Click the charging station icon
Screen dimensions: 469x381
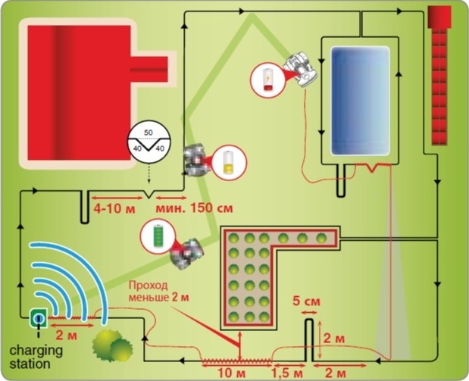coord(39,318)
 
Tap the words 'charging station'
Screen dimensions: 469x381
coord(36,357)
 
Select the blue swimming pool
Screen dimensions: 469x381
coord(360,101)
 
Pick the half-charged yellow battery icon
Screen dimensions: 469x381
coord(229,163)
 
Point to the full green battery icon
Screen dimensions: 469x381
coord(158,236)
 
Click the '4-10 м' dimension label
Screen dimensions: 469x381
coord(114,208)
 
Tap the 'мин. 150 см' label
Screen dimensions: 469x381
coord(194,208)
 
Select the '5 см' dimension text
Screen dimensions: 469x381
coord(306,301)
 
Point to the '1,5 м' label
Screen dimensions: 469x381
coord(287,374)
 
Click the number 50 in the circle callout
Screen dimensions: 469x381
coord(149,133)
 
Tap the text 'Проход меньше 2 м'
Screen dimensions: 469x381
coord(158,292)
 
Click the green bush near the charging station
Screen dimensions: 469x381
coord(112,345)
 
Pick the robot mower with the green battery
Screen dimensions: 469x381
coord(187,254)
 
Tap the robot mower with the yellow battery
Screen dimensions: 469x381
coord(195,161)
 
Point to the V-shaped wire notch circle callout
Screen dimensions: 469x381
coord(149,142)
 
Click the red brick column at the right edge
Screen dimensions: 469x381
coord(439,76)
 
